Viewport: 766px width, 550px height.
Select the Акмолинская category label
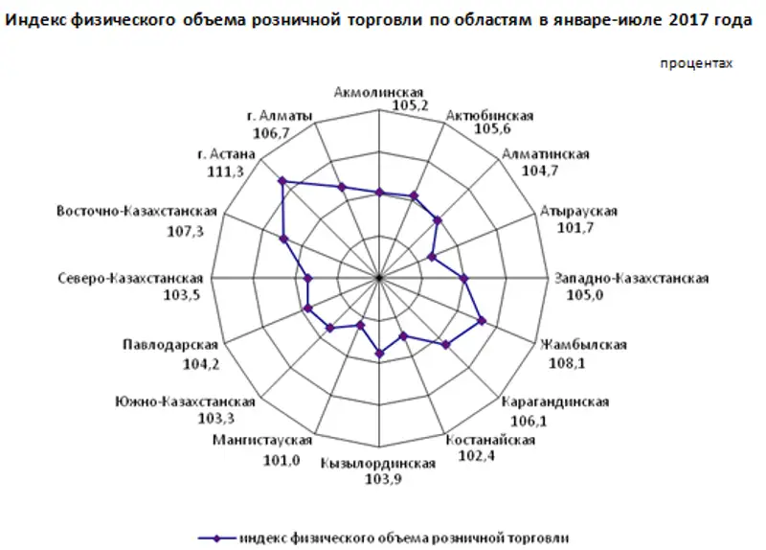(380, 92)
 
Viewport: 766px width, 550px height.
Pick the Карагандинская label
(555, 401)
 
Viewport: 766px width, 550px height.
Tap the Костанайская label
(490, 440)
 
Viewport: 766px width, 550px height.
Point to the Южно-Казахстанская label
(184, 401)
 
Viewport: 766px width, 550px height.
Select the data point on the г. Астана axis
(282, 180)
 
